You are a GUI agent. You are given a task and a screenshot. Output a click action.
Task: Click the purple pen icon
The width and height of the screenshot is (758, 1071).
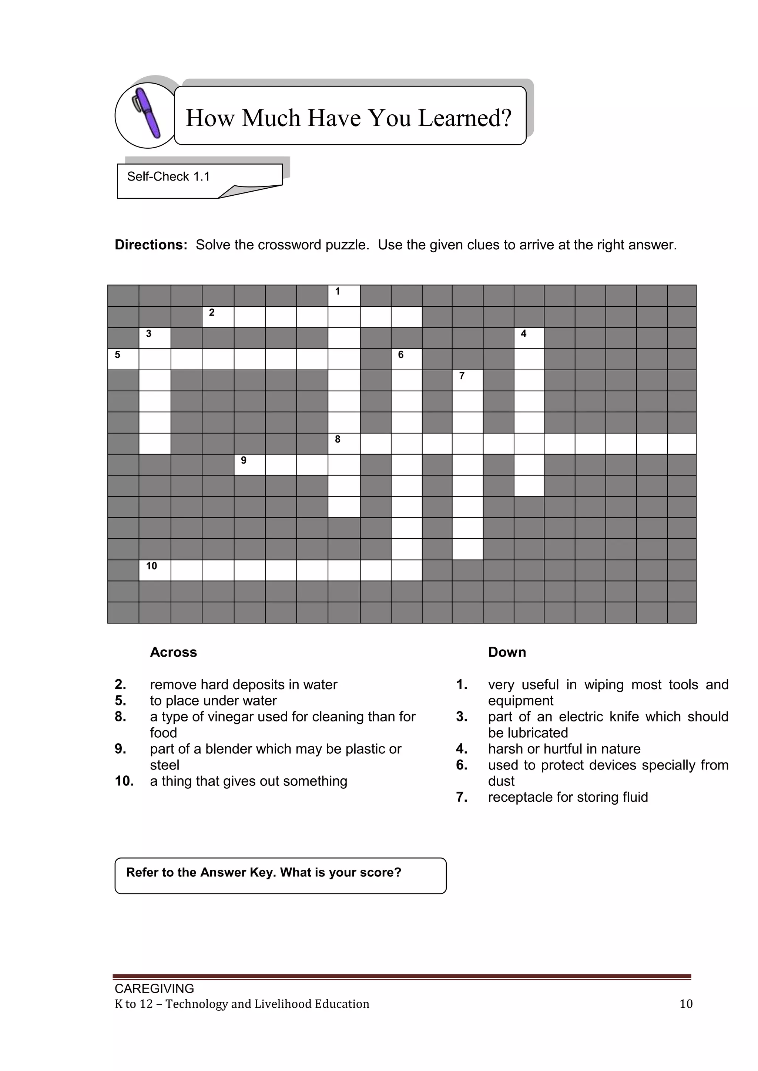coord(148,113)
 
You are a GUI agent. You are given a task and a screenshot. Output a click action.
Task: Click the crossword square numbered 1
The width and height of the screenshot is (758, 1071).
coord(343,296)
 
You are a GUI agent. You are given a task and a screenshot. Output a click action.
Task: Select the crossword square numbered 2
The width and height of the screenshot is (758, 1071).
coord(218,317)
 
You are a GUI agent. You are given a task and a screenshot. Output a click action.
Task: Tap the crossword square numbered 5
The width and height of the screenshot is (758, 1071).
coord(123,359)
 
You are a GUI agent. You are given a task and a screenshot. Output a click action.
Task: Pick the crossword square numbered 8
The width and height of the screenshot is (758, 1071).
coord(343,444)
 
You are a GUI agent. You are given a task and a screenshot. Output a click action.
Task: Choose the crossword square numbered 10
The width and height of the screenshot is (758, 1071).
coord(155,570)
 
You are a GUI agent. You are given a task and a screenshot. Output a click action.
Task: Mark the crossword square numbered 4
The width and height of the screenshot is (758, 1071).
coord(529,338)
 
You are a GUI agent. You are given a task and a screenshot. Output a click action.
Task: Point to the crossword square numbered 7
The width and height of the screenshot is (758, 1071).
coord(467,380)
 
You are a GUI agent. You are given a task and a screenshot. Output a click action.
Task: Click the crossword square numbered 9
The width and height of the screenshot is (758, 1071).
coord(250,465)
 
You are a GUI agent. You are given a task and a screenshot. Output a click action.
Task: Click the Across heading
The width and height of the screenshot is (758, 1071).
coord(173,652)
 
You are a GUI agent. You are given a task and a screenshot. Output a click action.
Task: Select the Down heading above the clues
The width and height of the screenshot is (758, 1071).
coord(507,652)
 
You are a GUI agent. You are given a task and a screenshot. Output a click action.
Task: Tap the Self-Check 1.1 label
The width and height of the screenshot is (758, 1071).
coord(168,176)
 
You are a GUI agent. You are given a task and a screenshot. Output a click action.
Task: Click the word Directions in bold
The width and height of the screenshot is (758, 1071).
coord(151,245)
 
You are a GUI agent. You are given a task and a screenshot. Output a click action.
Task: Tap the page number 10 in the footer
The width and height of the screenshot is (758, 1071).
coord(686,1004)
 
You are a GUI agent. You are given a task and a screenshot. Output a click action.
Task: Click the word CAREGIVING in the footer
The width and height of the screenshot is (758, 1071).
coord(154,989)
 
